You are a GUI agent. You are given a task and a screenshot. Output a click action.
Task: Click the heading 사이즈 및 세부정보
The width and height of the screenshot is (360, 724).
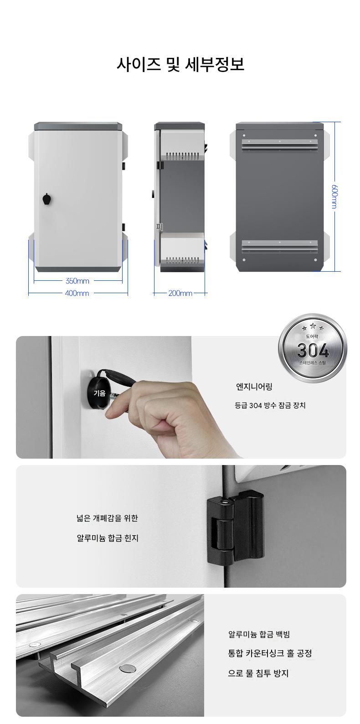pyautogui.click(x=180, y=65)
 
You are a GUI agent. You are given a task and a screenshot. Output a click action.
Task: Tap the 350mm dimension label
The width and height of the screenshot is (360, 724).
pyautogui.click(x=77, y=281)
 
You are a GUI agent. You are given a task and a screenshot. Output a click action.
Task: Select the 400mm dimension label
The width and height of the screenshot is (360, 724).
pyautogui.click(x=77, y=293)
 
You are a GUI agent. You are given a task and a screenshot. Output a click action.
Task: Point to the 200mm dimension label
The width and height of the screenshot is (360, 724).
pyautogui.click(x=180, y=293)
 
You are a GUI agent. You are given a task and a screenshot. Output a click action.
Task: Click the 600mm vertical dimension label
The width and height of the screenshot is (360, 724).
pyautogui.click(x=335, y=197)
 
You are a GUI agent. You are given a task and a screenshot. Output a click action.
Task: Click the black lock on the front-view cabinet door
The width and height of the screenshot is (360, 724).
pyautogui.click(x=47, y=199)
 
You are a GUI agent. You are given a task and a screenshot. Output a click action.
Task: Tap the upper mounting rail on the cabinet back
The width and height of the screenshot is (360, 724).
pyautogui.click(x=280, y=145)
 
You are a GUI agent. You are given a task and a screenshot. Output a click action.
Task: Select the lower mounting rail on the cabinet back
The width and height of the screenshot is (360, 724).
pyautogui.click(x=280, y=246)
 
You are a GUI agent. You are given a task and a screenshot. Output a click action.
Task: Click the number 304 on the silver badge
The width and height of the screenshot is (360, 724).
pyautogui.click(x=313, y=350)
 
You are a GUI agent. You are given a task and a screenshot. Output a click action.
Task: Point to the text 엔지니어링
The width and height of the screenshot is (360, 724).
pyautogui.click(x=254, y=387)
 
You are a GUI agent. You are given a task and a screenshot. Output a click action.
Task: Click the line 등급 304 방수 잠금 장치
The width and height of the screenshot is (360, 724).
pyautogui.click(x=270, y=405)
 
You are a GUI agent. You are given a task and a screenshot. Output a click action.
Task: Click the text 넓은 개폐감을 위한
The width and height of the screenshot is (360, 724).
pyautogui.click(x=107, y=518)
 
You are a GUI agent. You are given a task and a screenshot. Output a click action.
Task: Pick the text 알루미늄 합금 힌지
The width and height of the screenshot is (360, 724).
pyautogui.click(x=108, y=538)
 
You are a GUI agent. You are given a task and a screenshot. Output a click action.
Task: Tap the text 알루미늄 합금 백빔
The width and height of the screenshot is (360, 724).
pyautogui.click(x=259, y=634)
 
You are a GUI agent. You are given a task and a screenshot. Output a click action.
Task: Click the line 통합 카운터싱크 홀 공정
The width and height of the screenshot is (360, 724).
pyautogui.click(x=270, y=653)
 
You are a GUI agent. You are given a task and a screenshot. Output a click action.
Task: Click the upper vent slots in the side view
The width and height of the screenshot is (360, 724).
pyautogui.click(x=183, y=156)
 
